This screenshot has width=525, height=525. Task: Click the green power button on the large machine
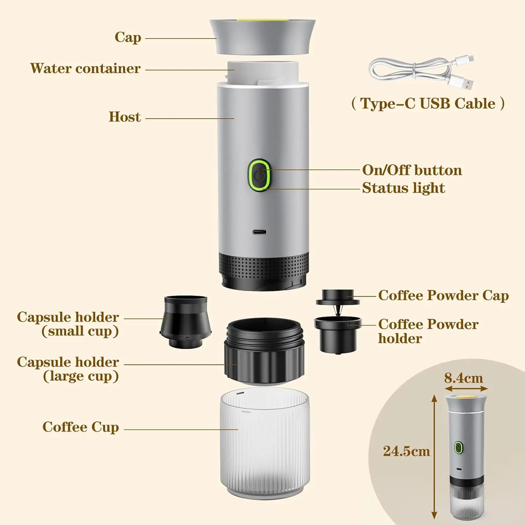pos(260,176)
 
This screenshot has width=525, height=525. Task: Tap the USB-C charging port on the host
pos(260,232)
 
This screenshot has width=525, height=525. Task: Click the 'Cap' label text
pos(128,37)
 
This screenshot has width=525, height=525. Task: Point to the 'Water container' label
pos(85,68)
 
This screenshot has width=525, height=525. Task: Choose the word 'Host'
pos(125,116)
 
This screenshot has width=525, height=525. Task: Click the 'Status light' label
pos(404,188)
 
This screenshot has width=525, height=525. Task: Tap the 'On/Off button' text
pos(412,170)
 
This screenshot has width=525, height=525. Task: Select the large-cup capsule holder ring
pos(264,353)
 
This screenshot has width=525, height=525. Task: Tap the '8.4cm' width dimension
pos(463,377)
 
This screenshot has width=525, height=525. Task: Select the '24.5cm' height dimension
pos(406,451)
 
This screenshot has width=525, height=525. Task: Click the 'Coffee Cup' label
pos(81,427)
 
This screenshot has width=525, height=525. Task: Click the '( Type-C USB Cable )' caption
pos(428,103)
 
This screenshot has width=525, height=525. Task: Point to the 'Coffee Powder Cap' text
pos(444,296)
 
